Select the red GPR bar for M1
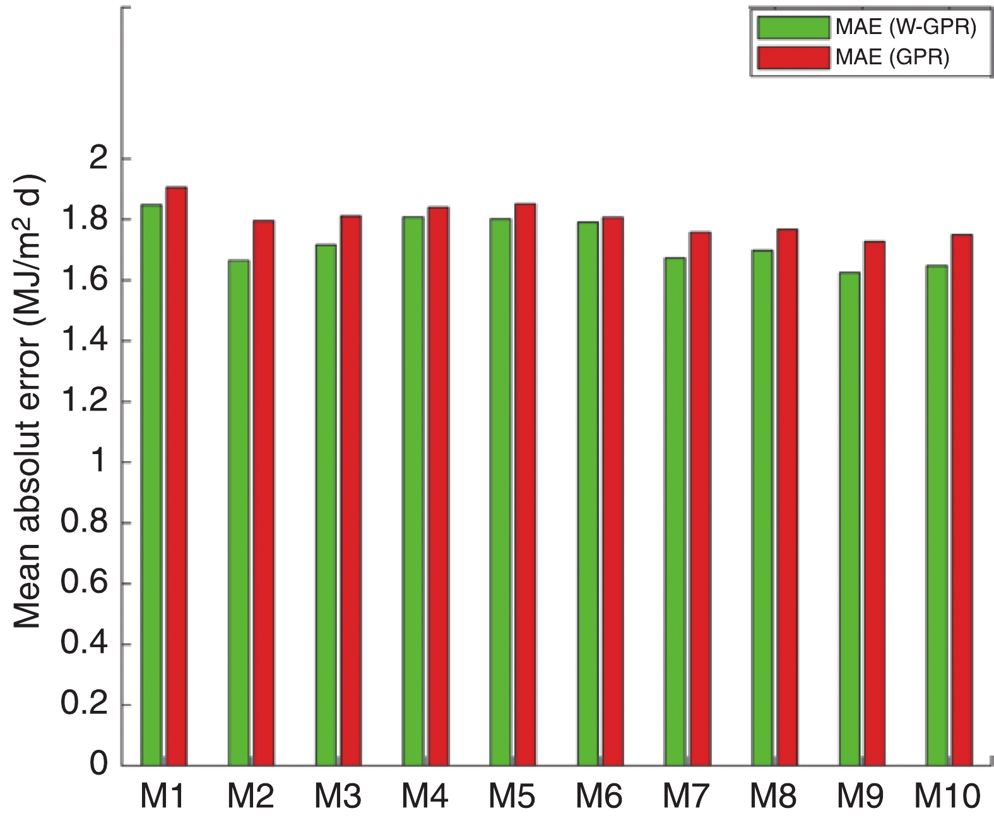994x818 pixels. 176,476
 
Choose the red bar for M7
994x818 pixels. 700,498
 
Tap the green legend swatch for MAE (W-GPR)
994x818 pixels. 793,27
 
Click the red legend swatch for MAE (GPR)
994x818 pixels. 793,58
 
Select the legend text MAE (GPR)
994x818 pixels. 892,58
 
